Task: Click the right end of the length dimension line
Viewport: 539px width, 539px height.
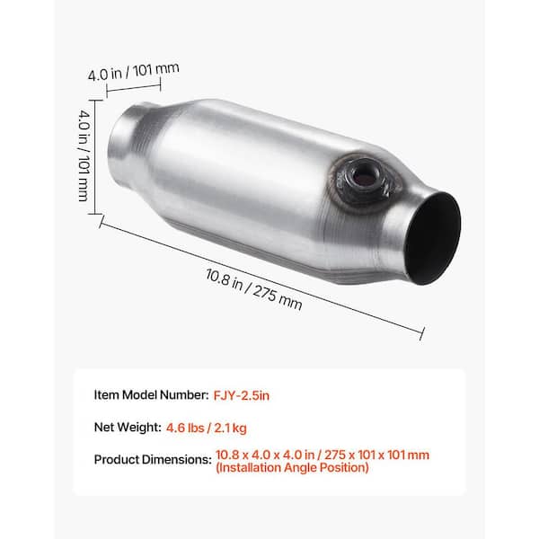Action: pos(420,333)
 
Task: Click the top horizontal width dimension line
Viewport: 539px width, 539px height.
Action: pos(133,87)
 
